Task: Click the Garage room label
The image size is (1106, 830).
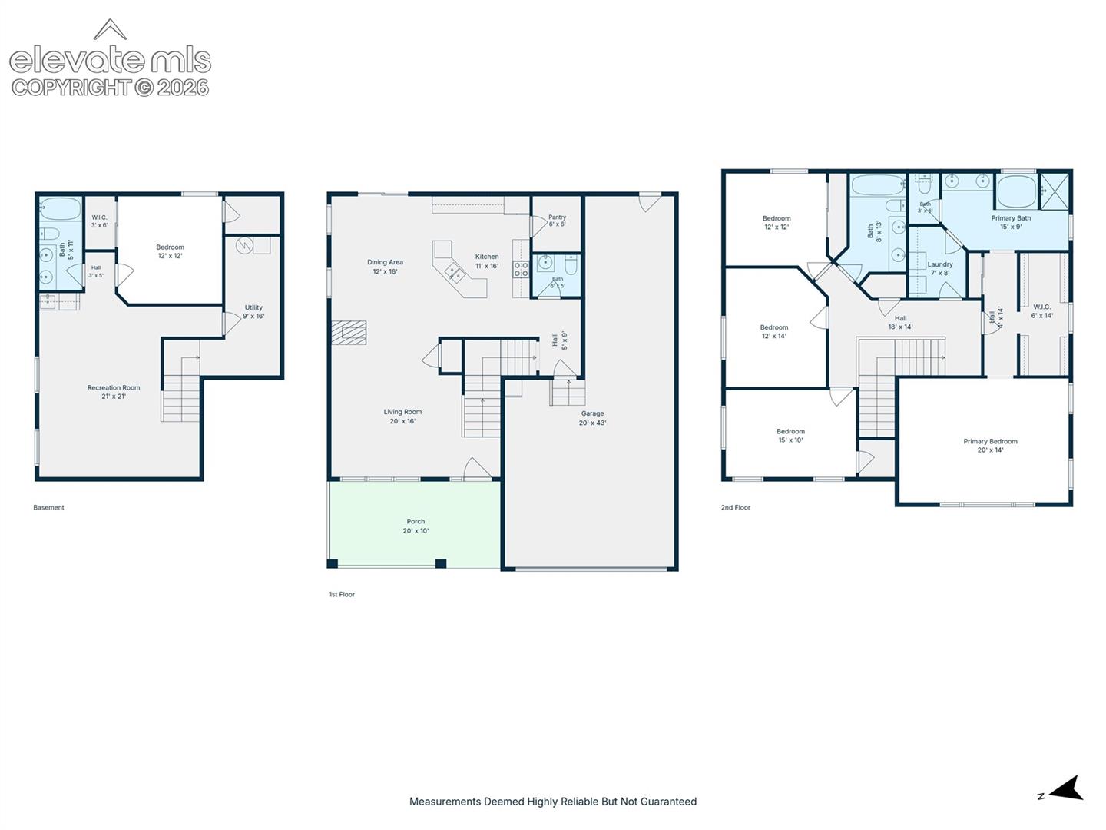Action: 592,418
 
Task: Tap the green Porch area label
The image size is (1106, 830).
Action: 416,526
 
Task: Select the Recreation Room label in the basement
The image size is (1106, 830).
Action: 114,392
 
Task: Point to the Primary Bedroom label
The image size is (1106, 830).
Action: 990,446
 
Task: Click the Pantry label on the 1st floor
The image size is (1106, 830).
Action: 557,221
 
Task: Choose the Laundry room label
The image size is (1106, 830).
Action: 940,268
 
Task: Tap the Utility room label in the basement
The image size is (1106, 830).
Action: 253,311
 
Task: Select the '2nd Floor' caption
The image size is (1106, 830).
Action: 735,507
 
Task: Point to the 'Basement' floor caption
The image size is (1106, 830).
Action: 48,507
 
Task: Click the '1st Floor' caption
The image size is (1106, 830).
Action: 342,594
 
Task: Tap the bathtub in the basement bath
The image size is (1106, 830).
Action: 61,208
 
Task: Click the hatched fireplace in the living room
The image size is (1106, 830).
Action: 349,333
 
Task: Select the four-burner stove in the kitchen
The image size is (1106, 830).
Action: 521,269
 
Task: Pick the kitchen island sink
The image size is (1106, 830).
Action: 455,275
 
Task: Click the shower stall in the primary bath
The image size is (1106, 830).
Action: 1054,191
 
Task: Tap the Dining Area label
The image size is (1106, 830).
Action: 385,267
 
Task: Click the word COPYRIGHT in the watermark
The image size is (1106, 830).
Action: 72,88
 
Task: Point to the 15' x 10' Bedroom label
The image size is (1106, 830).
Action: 790,436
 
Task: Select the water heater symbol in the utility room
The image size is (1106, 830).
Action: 244,245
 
